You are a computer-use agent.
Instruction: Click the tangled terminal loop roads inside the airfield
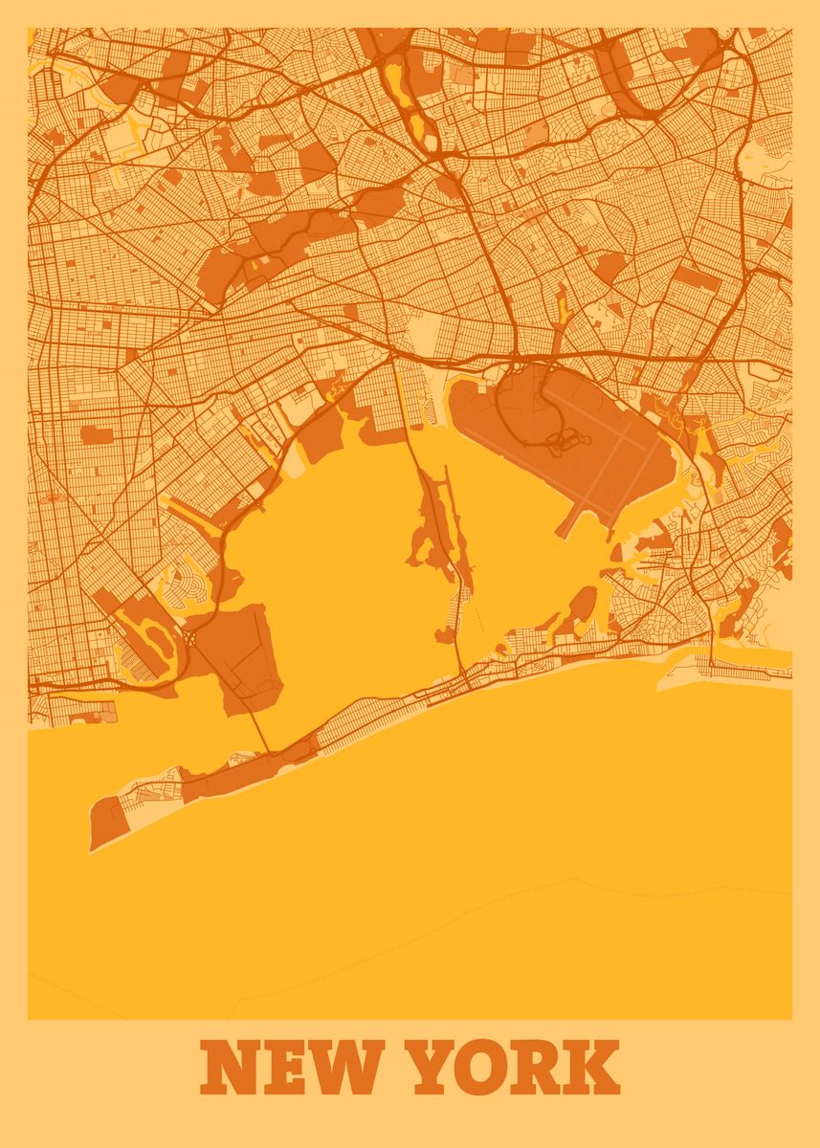point(564,441)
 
